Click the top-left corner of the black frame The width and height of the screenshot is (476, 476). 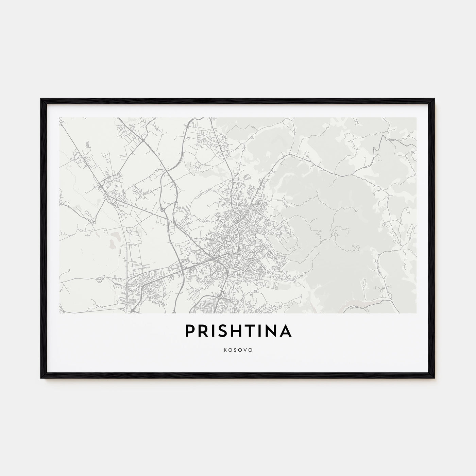[x=41, y=99]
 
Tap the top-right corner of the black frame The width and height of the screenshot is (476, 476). [x=435, y=99]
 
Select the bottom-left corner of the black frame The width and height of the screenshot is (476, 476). [x=41, y=378]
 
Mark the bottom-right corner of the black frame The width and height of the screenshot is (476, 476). [x=435, y=378]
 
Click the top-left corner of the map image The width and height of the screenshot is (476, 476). [x=60, y=118]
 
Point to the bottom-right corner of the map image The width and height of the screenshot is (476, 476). [x=416, y=313]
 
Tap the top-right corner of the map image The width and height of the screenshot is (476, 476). [x=416, y=118]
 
